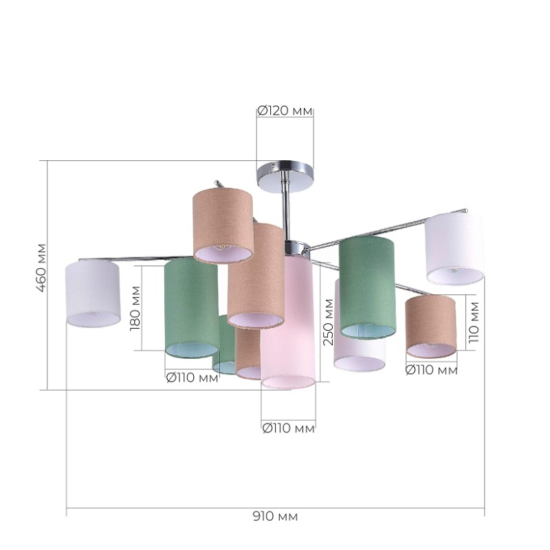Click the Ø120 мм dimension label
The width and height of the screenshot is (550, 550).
click(285, 111)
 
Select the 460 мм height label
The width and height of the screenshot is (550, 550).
click(41, 267)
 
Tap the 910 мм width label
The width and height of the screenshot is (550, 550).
click(276, 516)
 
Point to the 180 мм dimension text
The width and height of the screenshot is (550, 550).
click(135, 308)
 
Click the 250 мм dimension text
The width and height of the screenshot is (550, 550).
click(329, 322)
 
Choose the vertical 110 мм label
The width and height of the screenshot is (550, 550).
click(474, 322)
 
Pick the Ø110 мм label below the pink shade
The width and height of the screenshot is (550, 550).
click(289, 428)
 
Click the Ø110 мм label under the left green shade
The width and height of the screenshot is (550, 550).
click(192, 377)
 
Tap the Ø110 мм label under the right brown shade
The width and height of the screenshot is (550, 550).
click(432, 370)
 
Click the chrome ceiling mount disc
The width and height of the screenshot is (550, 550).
click(285, 176)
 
